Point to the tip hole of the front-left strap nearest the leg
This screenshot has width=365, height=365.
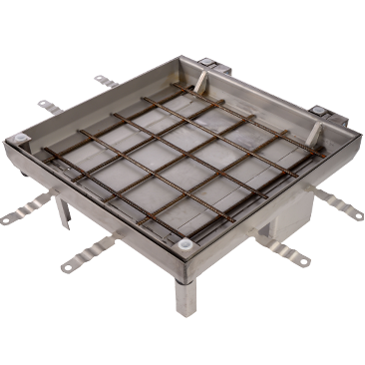click(x=65, y=267)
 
